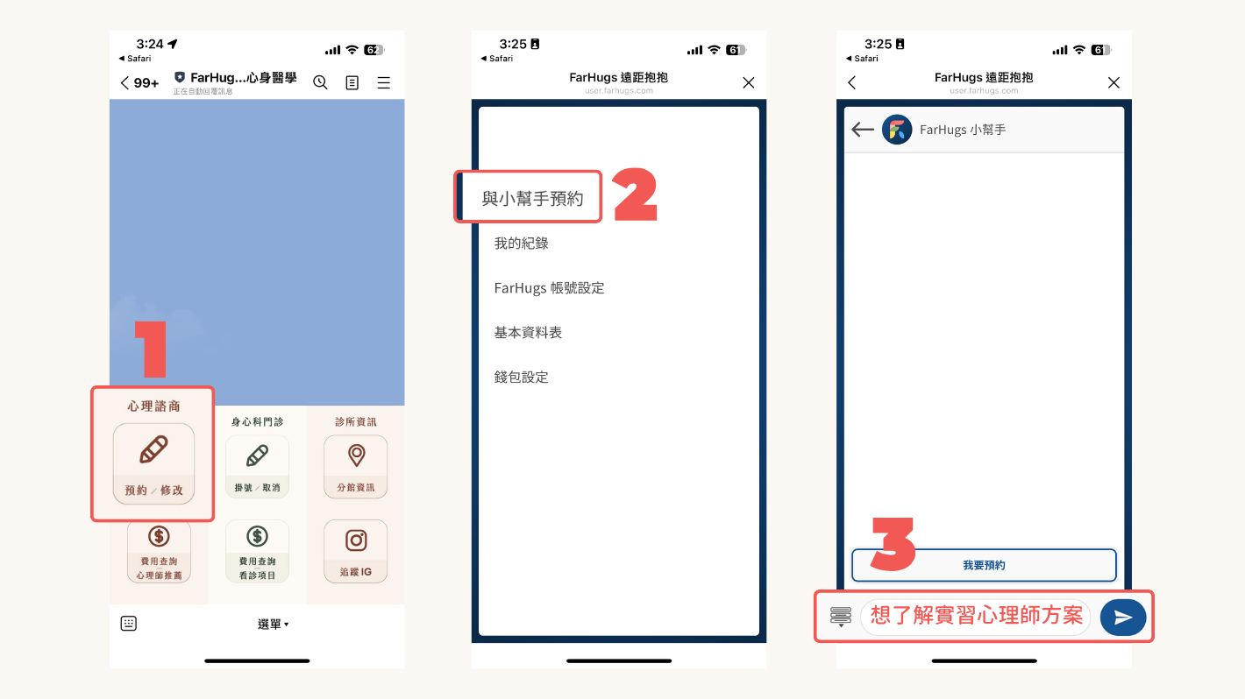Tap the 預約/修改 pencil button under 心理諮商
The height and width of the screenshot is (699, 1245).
(153, 464)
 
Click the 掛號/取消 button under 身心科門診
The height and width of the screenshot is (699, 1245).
(257, 466)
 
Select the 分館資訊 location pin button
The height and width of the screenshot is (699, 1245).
(355, 466)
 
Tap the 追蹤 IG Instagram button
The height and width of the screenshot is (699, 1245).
(355, 551)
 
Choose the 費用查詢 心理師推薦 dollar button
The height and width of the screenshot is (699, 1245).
(159, 551)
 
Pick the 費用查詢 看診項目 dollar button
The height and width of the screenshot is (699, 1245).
(257, 551)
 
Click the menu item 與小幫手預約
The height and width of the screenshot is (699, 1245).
(532, 199)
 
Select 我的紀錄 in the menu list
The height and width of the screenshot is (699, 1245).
(522, 244)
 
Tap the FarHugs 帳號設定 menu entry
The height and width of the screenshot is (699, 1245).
(550, 288)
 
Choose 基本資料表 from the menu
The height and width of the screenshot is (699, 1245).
(528, 333)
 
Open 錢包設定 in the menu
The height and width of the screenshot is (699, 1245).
(522, 378)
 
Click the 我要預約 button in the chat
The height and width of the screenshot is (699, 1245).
(984, 566)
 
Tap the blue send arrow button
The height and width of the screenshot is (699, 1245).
(1123, 617)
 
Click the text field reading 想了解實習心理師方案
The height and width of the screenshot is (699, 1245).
(976, 617)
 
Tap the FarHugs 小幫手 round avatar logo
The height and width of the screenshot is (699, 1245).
(897, 130)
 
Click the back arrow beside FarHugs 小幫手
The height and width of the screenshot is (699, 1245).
(863, 130)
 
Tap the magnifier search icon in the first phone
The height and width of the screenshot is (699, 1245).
(321, 82)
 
